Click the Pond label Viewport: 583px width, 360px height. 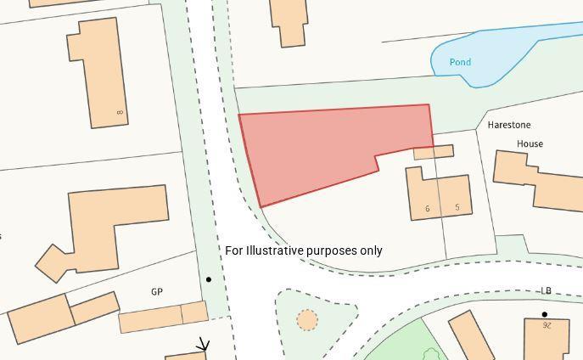click(460, 62)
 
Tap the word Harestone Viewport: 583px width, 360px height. click(509, 125)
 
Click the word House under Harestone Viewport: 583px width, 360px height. click(530, 143)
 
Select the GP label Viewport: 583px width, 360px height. click(157, 291)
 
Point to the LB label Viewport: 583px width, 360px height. click(546, 290)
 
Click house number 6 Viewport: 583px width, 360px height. click(427, 209)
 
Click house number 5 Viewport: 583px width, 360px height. click(457, 207)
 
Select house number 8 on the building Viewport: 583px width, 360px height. click(121, 112)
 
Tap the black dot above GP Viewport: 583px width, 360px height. click(209, 279)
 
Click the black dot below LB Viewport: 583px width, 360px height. click(545, 314)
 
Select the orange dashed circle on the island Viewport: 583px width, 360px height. click(307, 320)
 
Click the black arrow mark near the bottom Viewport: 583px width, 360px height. click(203, 345)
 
